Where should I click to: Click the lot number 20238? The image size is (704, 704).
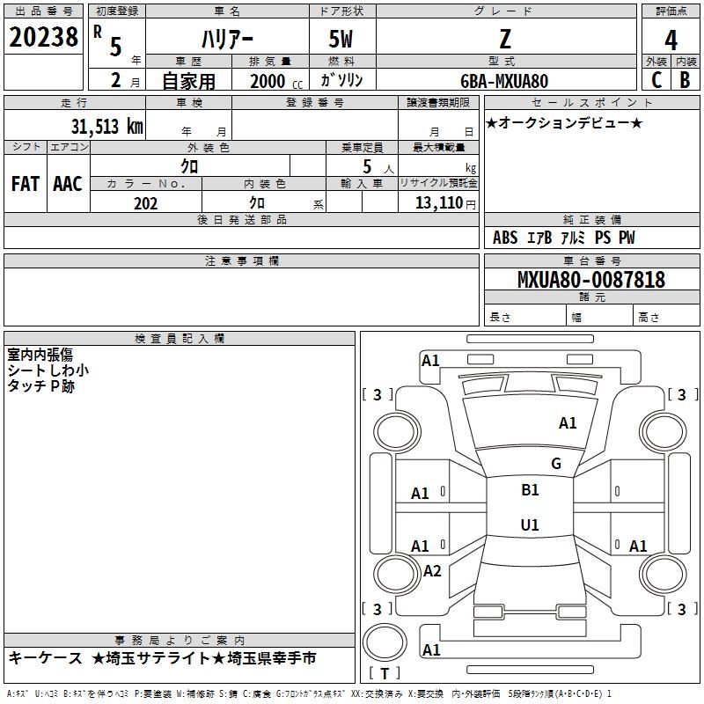click(x=42, y=38)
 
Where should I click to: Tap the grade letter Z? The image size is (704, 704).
click(x=504, y=39)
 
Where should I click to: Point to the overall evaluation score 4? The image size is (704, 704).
click(x=671, y=40)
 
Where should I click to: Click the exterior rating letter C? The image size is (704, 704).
click(x=656, y=80)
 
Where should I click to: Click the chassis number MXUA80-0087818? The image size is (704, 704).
click(x=590, y=280)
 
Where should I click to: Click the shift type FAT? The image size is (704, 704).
click(x=25, y=184)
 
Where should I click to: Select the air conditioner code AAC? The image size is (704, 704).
click(x=67, y=184)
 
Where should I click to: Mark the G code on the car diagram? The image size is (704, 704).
click(x=556, y=463)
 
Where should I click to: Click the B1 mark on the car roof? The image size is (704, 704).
click(x=530, y=490)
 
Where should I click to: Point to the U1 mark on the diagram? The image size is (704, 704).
click(x=530, y=524)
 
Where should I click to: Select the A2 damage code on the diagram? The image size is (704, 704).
click(x=432, y=571)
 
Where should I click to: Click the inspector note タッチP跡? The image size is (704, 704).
click(x=40, y=386)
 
